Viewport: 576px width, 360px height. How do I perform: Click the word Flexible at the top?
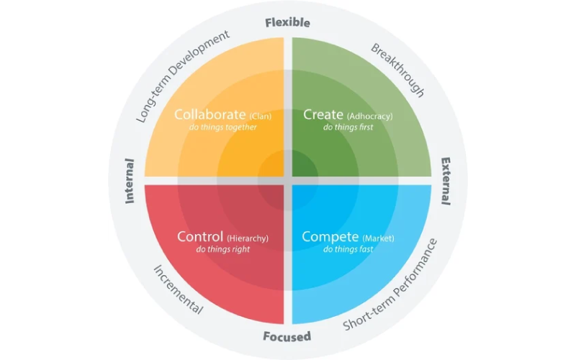[287, 23]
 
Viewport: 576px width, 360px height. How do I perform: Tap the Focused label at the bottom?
[287, 336]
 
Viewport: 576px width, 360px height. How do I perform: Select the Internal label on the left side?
[130, 181]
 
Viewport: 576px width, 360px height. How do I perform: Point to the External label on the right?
[446, 181]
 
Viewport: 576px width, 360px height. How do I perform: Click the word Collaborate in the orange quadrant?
[210, 114]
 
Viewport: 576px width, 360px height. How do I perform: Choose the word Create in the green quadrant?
[323, 114]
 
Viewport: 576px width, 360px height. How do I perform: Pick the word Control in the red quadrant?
[200, 237]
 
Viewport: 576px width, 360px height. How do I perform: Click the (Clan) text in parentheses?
[261, 117]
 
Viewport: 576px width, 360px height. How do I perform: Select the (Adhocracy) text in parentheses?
[369, 117]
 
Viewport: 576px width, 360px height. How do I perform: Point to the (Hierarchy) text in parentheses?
[248, 238]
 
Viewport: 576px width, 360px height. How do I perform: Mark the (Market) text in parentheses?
[379, 238]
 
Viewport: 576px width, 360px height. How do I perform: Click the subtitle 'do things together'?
[223, 127]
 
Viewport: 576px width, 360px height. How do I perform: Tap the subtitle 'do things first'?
[348, 127]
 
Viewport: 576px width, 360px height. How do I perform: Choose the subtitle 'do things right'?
[223, 249]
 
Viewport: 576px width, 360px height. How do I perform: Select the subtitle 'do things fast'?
[348, 249]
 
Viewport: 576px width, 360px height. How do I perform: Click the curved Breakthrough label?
[398, 69]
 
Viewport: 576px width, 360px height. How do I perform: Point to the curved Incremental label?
[178, 290]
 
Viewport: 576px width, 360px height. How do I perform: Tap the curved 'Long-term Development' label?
[183, 76]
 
